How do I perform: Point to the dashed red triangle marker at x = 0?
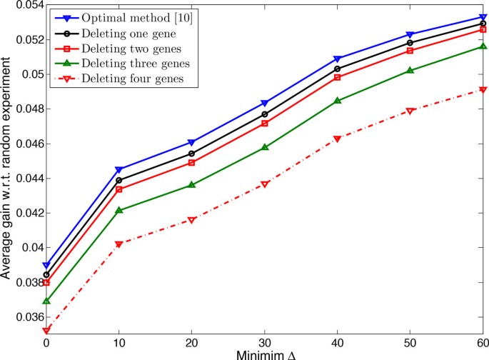click(46, 331)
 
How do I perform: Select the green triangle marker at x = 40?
click(338, 101)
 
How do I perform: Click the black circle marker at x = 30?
click(265, 114)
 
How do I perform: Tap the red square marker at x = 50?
click(410, 51)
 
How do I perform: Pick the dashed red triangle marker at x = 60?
click(483, 90)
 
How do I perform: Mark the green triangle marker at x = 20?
click(192, 185)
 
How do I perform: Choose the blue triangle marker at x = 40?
click(338, 59)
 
